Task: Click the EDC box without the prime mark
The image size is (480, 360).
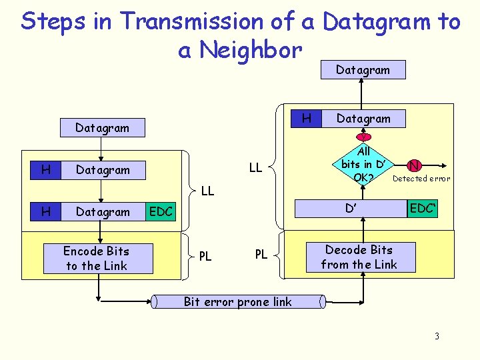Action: pos(161,212)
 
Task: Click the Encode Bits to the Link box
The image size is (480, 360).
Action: pos(97,258)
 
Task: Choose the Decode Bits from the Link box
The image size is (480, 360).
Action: pos(359,257)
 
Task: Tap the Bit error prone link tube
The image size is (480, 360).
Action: pos(237,302)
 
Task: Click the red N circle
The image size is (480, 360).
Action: pos(415,166)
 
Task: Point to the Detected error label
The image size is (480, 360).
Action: pos(421,179)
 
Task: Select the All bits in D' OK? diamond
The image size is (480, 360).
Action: pos(363,165)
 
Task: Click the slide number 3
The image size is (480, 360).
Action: pos(437,336)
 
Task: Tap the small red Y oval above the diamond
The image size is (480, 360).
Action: pos(363,137)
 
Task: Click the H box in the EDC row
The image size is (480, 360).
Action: pos(46,212)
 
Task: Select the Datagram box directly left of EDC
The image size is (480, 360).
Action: pos(103,212)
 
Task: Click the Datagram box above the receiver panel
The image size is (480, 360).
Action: pos(363,69)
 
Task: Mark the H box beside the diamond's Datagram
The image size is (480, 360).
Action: pos(307,119)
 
